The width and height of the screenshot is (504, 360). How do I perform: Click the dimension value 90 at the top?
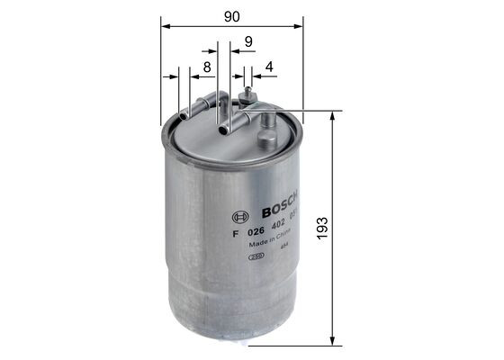coord(232,14)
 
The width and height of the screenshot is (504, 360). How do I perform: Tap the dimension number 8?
coord(206,67)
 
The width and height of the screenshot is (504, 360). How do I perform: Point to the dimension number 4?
coord(269,67)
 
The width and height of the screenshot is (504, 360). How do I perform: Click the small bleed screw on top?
coord(247,92)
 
